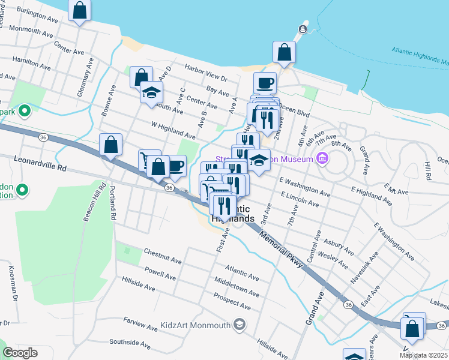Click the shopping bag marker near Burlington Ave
(x=79, y=11)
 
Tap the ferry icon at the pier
(x=304, y=28)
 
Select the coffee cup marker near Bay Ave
(x=265, y=83)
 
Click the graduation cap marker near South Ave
(x=151, y=93)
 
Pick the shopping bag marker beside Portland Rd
(x=111, y=145)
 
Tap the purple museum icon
(x=322, y=159)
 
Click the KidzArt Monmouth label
(x=196, y=326)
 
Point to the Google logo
(x=20, y=353)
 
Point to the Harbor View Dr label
(x=206, y=73)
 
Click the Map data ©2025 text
(x=423, y=355)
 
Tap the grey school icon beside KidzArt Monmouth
(x=240, y=325)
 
